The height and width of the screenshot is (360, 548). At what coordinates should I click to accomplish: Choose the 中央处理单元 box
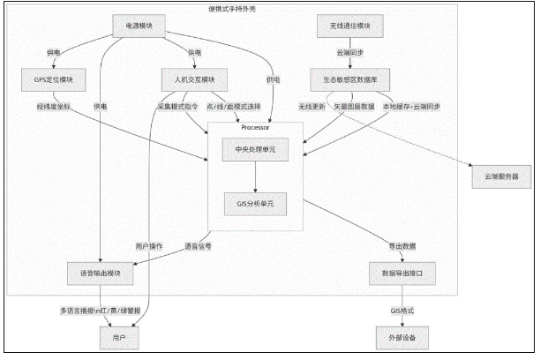click(255, 151)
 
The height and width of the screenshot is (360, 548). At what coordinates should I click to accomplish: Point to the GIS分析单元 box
click(255, 204)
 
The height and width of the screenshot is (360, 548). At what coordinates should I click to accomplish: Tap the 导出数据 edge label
click(402, 244)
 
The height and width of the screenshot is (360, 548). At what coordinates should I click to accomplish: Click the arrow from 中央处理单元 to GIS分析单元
click(255, 177)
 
